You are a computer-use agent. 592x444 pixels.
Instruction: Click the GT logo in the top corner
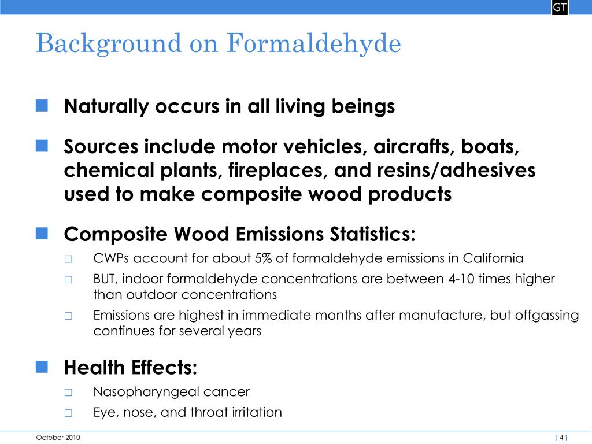(x=560, y=8)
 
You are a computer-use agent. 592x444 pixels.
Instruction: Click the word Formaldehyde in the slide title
(x=314, y=44)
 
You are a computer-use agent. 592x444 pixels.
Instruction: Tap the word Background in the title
(x=108, y=44)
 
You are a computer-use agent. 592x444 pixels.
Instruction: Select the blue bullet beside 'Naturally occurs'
(x=42, y=105)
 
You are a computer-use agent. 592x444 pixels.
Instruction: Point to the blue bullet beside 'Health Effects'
(x=42, y=366)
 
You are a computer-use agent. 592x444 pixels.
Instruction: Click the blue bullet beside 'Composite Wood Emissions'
(x=42, y=233)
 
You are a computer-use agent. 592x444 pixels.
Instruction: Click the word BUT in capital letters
(x=105, y=279)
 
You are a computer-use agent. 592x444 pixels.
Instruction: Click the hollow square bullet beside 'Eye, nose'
(x=68, y=413)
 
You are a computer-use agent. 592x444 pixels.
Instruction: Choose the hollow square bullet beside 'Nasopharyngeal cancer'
(x=68, y=392)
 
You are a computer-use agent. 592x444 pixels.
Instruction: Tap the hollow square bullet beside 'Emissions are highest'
(x=68, y=316)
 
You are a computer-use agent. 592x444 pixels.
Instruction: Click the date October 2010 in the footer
(x=58, y=438)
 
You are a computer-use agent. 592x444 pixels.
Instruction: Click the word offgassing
(x=544, y=316)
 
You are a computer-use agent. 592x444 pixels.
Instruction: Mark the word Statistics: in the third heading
(x=372, y=235)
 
